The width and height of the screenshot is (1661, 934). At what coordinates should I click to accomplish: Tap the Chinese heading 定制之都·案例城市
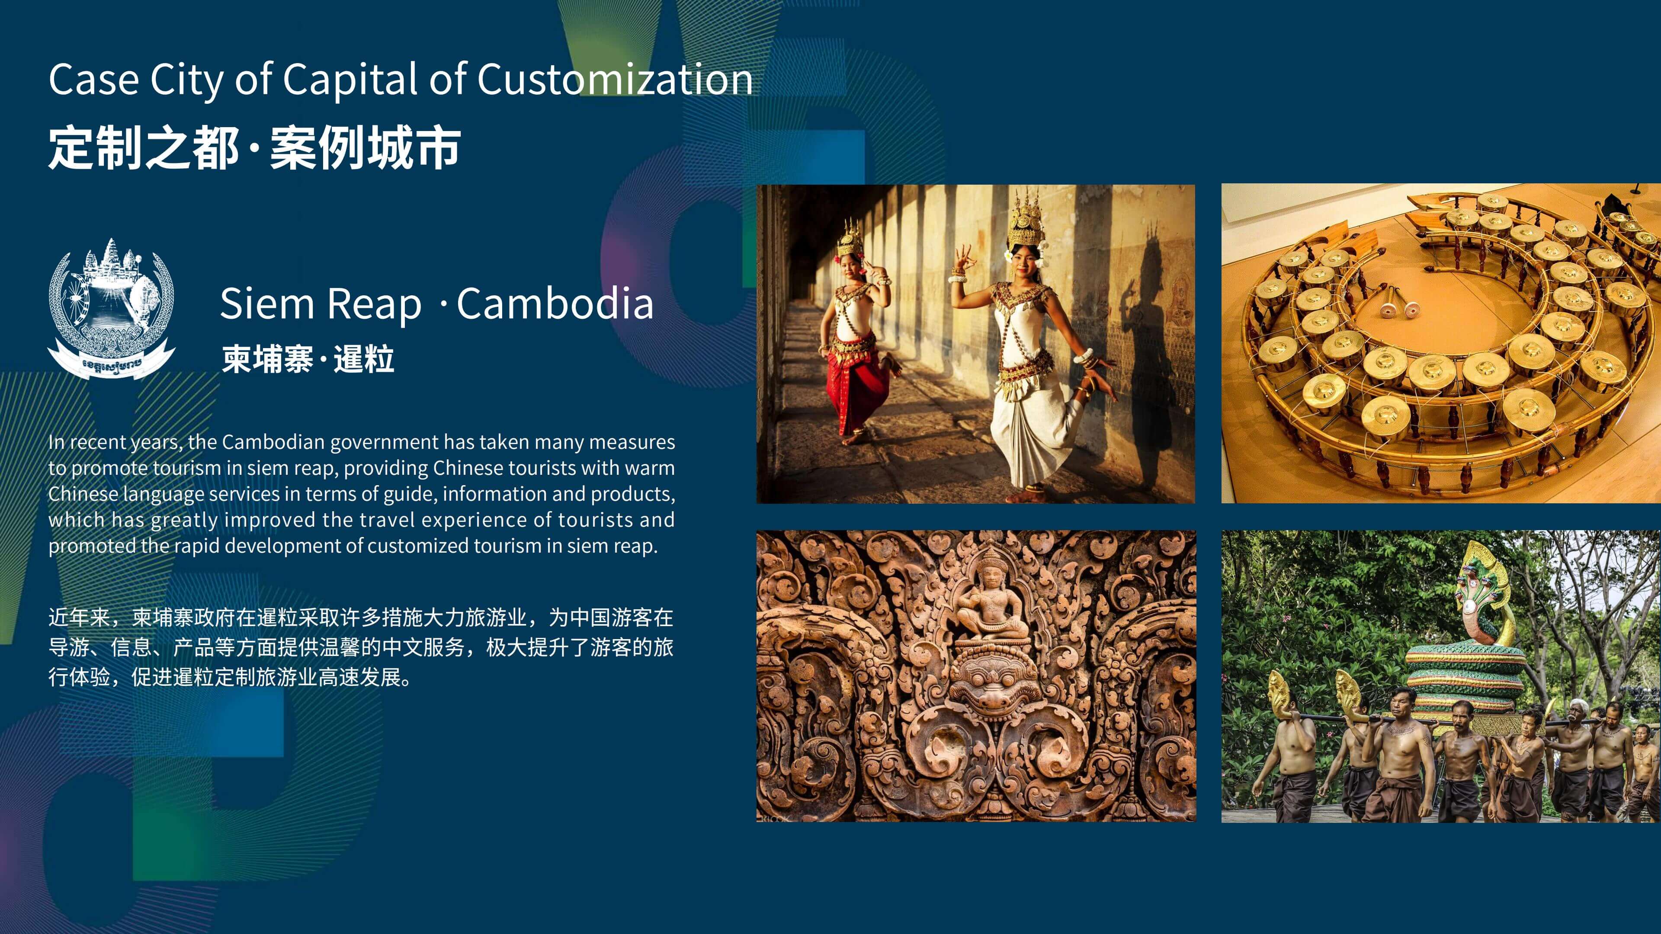(255, 148)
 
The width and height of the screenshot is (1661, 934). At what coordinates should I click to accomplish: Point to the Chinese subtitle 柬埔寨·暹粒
(308, 359)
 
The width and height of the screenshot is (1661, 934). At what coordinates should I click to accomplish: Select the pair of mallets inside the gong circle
(1395, 303)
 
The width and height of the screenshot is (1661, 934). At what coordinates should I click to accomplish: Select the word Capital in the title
(351, 80)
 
